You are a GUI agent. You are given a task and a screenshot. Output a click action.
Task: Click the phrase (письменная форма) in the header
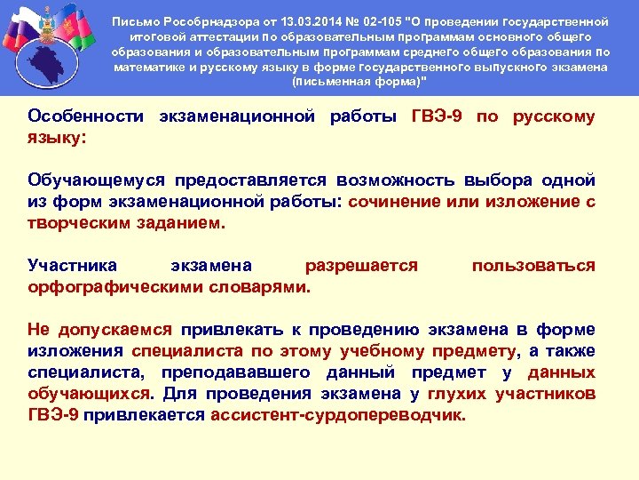tap(359, 82)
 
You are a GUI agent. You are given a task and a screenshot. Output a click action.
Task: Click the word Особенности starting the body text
tap(86, 116)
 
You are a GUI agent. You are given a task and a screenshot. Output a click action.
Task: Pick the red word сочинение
tap(391, 202)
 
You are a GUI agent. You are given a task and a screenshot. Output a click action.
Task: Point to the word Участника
tap(71, 266)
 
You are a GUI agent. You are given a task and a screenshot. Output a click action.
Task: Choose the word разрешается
tap(361, 266)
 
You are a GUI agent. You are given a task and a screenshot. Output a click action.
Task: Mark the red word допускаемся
tap(116, 330)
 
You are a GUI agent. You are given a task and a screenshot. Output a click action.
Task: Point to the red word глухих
tap(458, 393)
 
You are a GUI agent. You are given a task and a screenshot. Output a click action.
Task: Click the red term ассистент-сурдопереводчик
tap(337, 414)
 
